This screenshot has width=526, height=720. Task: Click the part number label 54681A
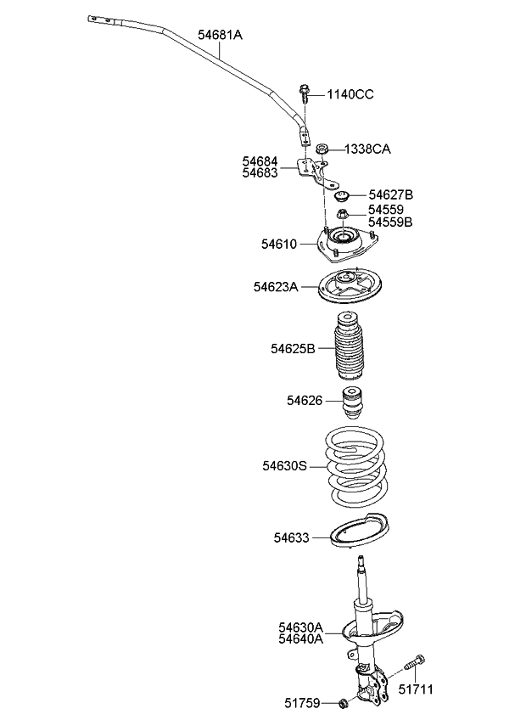220,35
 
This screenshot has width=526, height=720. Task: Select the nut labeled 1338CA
323,149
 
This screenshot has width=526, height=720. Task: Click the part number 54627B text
390,195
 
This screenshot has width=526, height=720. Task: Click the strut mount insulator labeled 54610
341,244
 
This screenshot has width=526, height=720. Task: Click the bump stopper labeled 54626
351,402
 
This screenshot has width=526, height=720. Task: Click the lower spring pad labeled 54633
357,536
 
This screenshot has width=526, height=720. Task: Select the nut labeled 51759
343,702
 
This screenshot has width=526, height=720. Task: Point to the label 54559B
390,223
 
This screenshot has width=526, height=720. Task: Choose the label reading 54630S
284,466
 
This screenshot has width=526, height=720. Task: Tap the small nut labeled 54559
343,215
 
